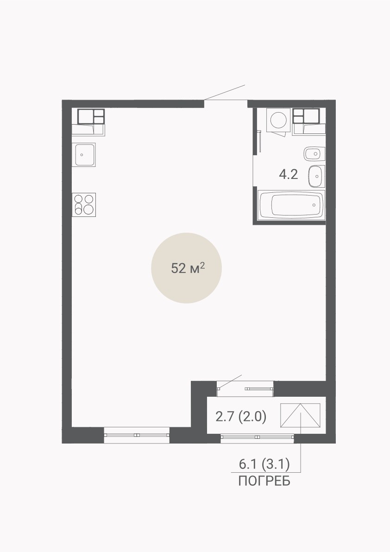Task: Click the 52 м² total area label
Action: point(188,269)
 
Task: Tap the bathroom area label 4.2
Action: point(289,174)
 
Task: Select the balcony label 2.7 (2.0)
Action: point(241,417)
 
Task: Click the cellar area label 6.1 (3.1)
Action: point(264,464)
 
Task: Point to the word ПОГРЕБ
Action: point(264,481)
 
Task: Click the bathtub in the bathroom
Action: point(291,205)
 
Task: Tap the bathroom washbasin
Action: point(316,176)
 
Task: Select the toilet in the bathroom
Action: point(315,153)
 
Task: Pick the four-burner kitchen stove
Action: point(84,204)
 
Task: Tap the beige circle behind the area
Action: point(186,268)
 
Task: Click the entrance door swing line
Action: point(224,93)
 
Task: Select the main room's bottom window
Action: point(137,435)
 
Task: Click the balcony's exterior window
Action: point(257,437)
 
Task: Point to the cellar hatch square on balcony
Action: point(300,415)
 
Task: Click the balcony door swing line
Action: point(230,381)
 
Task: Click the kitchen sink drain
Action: point(82,154)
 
